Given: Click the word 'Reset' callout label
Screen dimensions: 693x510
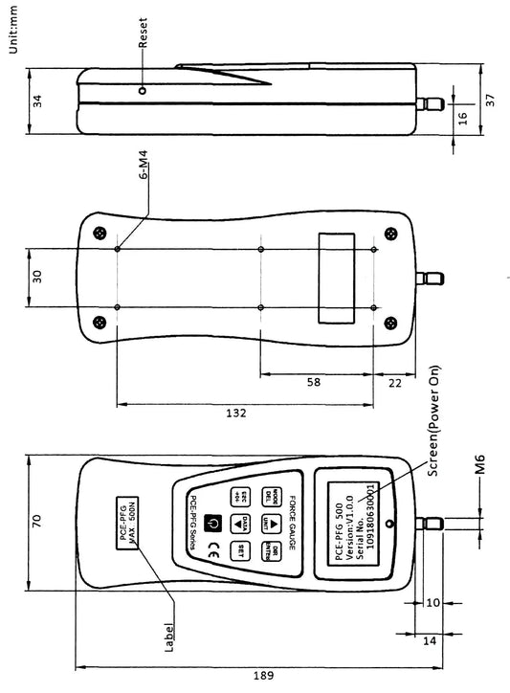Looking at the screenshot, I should click(144, 33).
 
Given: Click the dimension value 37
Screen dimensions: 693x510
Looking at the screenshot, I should click(490, 101).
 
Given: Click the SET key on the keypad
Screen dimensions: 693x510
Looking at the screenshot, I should click(243, 549).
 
